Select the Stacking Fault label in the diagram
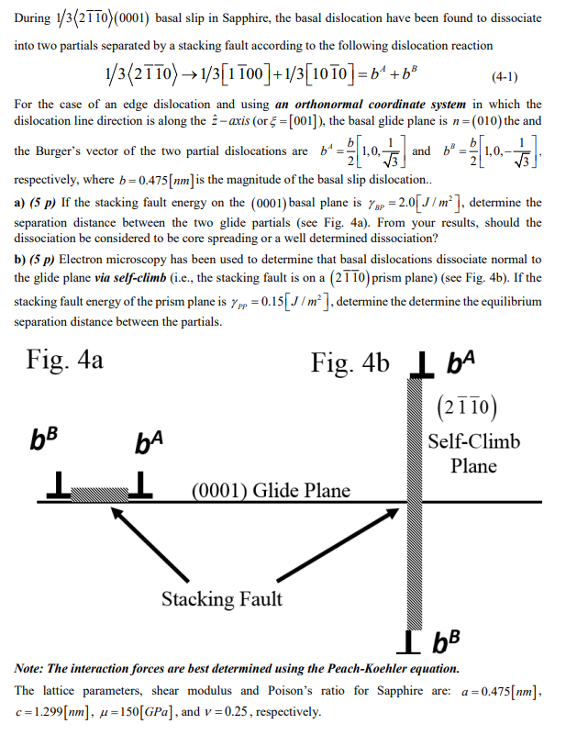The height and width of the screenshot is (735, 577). [222, 599]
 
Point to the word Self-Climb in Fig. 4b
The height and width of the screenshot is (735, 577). [474, 441]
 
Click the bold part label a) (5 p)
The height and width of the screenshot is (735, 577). [39, 203]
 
